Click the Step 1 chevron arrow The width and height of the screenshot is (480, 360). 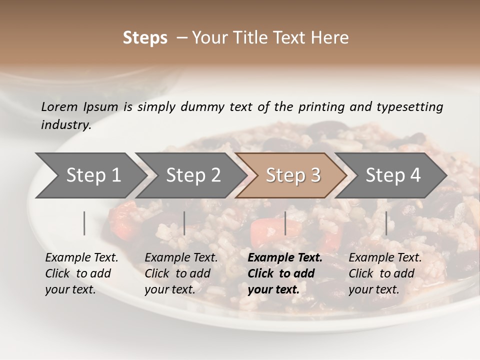[93, 175]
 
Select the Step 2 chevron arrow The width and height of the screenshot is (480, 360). [193, 175]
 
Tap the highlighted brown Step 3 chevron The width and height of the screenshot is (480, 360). [293, 175]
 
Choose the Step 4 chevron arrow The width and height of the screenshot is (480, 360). [393, 175]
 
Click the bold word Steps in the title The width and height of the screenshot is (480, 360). [145, 37]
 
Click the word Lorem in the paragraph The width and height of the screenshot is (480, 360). [59, 106]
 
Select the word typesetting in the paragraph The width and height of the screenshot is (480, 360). [409, 106]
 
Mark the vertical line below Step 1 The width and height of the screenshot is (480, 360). [84, 223]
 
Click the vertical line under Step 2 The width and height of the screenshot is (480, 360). [184, 223]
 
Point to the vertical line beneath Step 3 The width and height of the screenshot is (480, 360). [285, 223]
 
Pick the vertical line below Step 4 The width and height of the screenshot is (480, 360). [386, 223]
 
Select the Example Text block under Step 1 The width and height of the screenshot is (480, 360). [81, 273]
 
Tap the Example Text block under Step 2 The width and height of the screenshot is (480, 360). [181, 273]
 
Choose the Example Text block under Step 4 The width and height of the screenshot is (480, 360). [385, 273]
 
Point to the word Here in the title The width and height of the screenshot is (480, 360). [332, 37]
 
